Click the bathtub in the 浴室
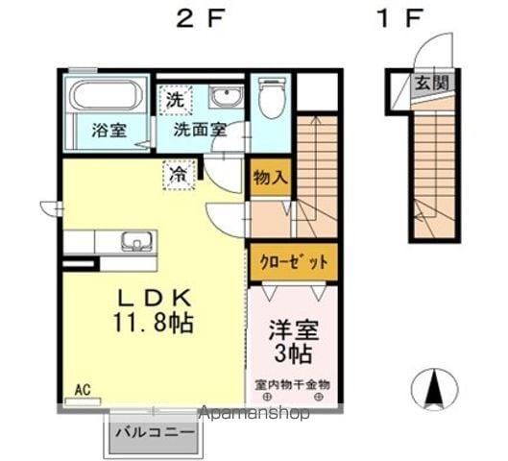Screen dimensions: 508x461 (x=107, y=94)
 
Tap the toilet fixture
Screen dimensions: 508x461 (x=273, y=97)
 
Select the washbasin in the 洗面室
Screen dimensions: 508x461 (x=226, y=96)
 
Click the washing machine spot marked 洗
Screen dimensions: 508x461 (x=175, y=101)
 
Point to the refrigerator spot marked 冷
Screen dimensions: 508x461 (x=180, y=175)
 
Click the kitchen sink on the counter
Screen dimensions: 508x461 (x=137, y=241)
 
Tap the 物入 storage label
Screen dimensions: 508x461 (x=271, y=178)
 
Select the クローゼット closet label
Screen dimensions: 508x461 (x=294, y=262)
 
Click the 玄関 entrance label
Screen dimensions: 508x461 (x=431, y=83)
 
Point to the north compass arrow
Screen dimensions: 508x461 (x=434, y=390)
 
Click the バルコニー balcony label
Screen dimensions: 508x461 (x=156, y=433)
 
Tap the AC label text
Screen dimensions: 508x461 (x=83, y=390)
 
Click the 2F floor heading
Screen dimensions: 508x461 (x=201, y=18)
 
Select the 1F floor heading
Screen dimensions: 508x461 (x=400, y=18)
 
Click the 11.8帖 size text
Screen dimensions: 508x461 (x=154, y=323)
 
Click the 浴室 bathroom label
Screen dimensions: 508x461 (x=109, y=131)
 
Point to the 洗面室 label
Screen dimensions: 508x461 (x=200, y=130)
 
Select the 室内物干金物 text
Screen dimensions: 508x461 (x=293, y=384)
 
